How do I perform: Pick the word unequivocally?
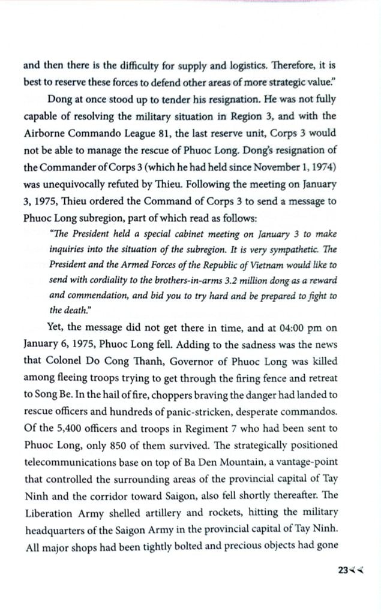[x=69, y=181]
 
